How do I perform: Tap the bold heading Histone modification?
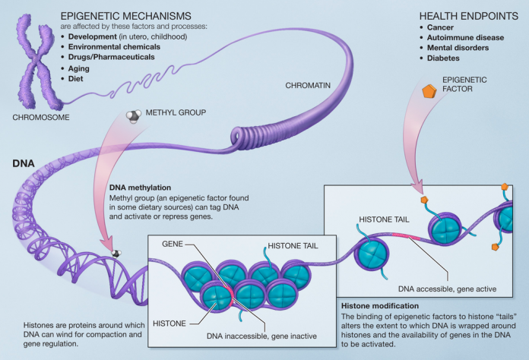378,305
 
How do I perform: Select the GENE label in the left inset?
174,245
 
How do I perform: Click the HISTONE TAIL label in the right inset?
380,219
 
